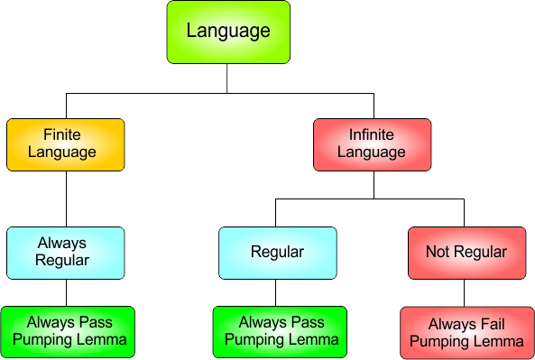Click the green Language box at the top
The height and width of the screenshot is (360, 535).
point(228,32)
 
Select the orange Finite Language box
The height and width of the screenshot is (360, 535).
point(65,144)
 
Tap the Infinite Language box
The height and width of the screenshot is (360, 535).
point(372,144)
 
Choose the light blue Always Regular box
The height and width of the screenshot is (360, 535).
point(65,252)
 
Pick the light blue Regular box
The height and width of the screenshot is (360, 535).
point(277,252)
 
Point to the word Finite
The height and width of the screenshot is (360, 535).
point(62,135)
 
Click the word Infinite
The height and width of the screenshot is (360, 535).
point(372,135)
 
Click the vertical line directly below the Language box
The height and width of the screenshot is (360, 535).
point(226,78)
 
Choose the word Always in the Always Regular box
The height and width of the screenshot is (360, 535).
point(62,243)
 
